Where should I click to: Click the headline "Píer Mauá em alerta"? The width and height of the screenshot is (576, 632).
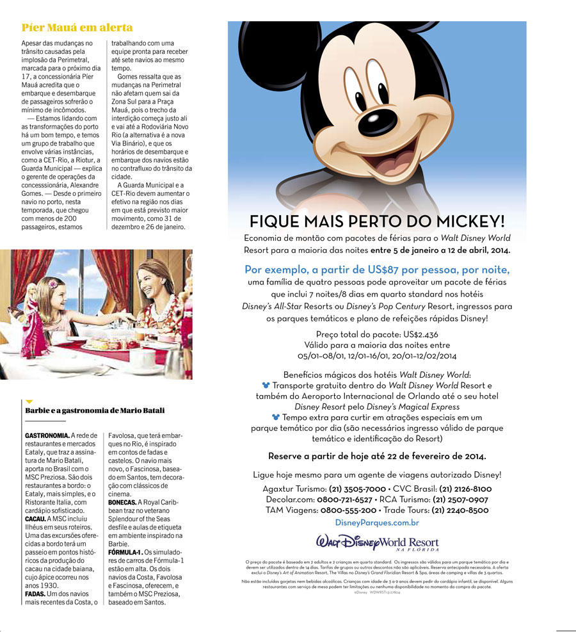(x=77, y=28)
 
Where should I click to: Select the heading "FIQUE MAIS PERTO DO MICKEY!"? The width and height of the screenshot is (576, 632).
(x=377, y=222)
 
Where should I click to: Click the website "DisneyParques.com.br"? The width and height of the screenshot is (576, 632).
(x=377, y=523)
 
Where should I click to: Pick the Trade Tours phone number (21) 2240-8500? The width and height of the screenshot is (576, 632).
(x=458, y=510)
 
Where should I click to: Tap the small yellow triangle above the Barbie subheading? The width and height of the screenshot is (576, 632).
(x=29, y=401)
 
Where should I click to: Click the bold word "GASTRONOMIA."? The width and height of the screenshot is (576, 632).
(x=45, y=435)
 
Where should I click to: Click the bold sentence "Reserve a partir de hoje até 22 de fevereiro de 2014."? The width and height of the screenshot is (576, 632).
(x=377, y=456)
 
